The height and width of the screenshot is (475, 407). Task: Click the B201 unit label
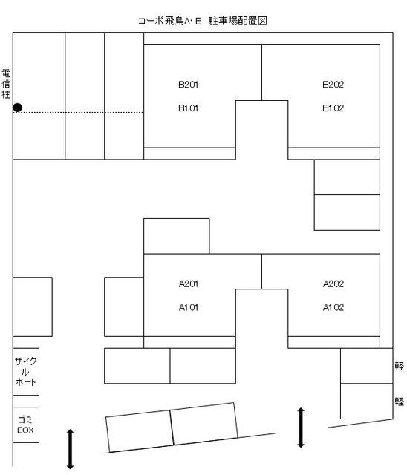point(188,84)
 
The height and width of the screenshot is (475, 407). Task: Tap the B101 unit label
point(188,108)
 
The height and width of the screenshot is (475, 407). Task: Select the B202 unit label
point(333,84)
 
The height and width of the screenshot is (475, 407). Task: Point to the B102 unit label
point(333,108)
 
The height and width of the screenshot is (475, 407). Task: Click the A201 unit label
point(189,284)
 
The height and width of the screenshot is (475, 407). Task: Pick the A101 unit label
point(189,307)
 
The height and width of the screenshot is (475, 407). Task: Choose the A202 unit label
point(333,284)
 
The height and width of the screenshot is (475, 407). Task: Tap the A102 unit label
point(333,307)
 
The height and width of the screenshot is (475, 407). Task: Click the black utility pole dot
point(18,108)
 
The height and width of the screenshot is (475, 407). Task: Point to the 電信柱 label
point(6,84)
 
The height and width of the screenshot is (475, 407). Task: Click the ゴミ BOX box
point(26,425)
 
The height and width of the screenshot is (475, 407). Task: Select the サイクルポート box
point(26,372)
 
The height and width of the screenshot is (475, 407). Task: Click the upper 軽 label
point(399,366)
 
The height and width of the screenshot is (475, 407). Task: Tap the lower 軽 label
point(399,402)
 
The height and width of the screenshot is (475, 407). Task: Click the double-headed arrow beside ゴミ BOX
point(70,449)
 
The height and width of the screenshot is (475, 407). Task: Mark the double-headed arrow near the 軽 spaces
point(301,427)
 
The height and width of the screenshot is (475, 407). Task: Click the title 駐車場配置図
point(238,21)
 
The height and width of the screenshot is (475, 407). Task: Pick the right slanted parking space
point(204,424)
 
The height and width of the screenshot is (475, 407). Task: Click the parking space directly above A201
point(176,236)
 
